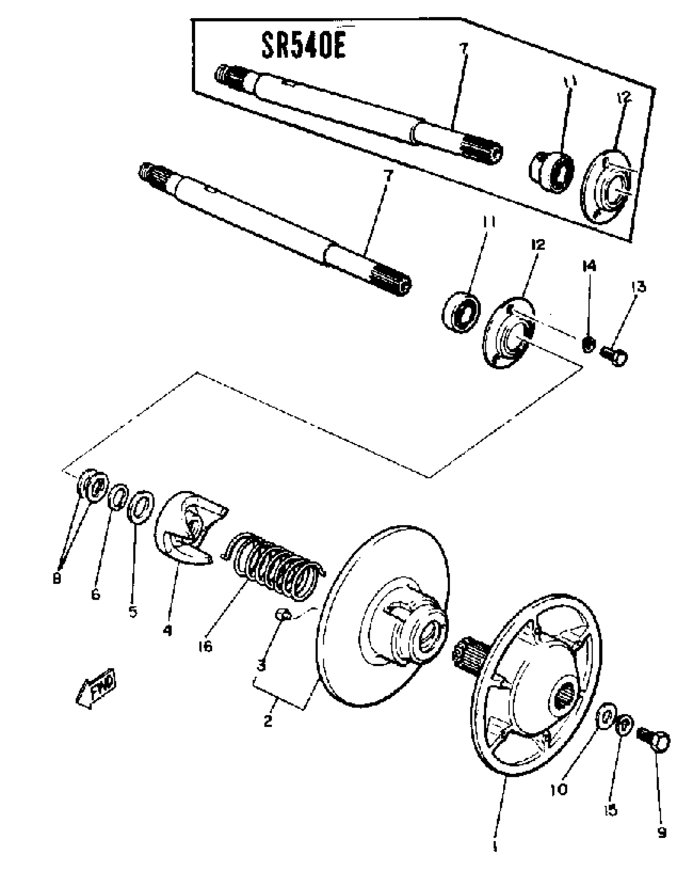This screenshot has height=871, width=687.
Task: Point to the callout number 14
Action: (x=589, y=266)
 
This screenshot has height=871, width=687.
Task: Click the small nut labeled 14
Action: (x=588, y=344)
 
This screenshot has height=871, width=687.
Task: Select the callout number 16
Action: (x=205, y=647)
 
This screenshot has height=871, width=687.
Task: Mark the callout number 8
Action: (x=57, y=579)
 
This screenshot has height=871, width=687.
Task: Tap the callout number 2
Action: (x=268, y=721)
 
